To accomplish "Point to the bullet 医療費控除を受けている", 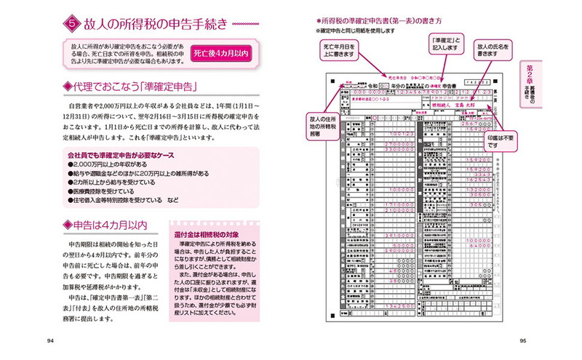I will (103, 188).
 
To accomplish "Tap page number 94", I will (50, 340).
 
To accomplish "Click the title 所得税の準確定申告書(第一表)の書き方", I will (380, 21).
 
